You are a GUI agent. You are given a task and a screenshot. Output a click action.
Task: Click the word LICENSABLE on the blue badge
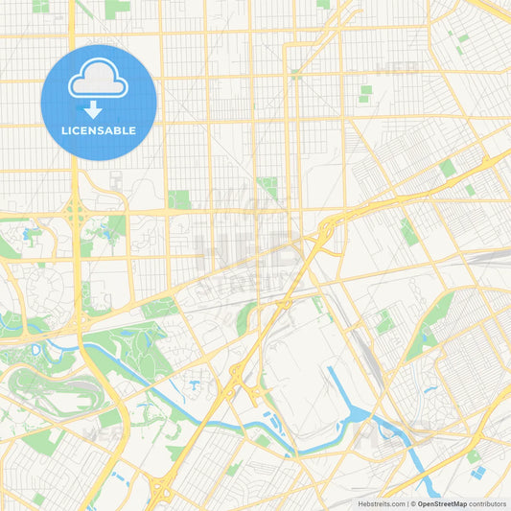(x=98, y=130)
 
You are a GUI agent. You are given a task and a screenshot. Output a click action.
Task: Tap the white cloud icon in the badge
(x=98, y=80)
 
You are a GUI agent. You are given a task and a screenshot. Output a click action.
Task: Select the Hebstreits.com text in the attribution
(x=381, y=503)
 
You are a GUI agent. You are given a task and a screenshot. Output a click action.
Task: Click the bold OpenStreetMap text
(x=441, y=503)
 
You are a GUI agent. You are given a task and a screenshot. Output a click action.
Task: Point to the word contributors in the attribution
(x=488, y=503)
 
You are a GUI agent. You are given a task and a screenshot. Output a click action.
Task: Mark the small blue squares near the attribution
(x=477, y=473)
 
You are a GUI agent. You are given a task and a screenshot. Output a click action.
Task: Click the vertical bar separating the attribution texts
(x=409, y=503)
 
